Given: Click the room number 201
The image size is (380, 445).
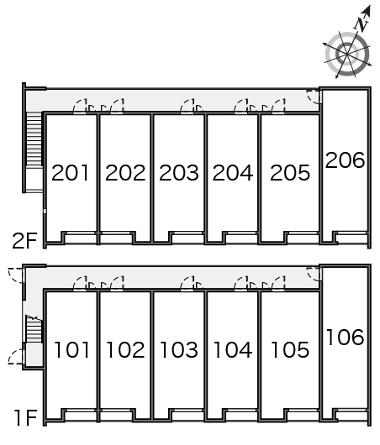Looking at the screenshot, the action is (x=70, y=173).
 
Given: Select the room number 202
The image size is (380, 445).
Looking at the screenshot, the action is (x=125, y=173).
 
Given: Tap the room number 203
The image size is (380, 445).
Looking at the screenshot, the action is (x=179, y=173).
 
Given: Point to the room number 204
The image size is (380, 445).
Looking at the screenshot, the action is (x=233, y=173).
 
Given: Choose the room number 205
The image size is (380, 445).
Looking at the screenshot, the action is (x=290, y=173).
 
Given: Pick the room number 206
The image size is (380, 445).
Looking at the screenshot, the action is (x=345, y=160).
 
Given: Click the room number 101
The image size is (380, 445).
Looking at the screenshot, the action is (x=71, y=349).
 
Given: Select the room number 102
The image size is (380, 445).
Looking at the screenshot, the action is (x=125, y=349).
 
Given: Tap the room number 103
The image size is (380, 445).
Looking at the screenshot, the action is (x=179, y=349).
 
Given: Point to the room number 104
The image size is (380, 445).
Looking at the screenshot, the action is (x=233, y=349).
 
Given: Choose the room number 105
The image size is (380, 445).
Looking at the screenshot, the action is (x=290, y=349).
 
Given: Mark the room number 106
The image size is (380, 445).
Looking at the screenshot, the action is (x=345, y=338).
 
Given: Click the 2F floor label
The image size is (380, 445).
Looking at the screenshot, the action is (x=24, y=241).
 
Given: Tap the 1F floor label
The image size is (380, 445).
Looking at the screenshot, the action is (x=26, y=418).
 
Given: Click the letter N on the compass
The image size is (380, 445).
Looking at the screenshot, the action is (x=362, y=24).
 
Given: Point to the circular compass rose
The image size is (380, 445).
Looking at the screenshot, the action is (x=347, y=54).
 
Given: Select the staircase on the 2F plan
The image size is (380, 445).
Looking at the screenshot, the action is (x=34, y=139).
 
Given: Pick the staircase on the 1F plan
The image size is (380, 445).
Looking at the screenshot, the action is (x=34, y=328).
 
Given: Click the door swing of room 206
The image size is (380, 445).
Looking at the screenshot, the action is (x=314, y=97).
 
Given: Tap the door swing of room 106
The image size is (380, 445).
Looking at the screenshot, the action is (x=314, y=274).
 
